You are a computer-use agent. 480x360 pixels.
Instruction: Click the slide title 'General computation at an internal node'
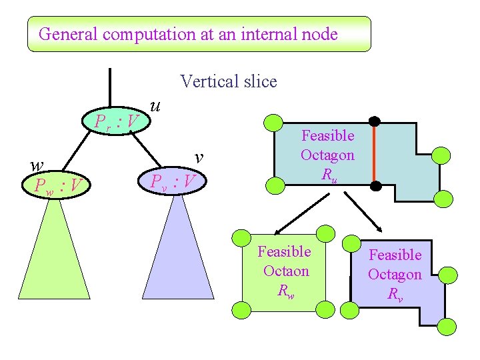pos(188,34)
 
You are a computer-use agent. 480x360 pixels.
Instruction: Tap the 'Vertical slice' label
pos(228,82)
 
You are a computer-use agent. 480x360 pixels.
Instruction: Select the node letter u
pos(155,106)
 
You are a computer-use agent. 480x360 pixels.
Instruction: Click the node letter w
pos(37,165)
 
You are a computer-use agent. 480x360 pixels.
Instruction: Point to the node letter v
pos(198,157)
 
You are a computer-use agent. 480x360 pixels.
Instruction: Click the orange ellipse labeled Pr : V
pos(116,121)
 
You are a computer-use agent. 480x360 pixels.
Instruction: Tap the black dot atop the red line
pos(375,122)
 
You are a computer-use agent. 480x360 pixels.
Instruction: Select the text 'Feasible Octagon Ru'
pos(327,155)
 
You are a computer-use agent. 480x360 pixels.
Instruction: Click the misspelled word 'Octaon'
pos(286,271)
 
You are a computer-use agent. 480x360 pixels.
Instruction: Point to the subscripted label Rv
pos(395,293)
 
